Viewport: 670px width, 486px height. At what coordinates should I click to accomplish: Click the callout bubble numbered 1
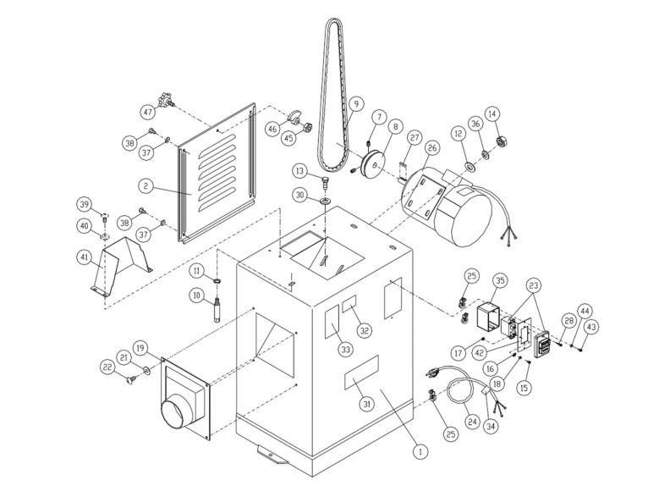(416, 452)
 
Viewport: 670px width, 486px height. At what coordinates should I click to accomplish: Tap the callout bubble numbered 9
(355, 105)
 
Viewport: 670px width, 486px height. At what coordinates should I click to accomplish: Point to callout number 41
(84, 257)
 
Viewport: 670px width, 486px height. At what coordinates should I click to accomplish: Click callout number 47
(148, 112)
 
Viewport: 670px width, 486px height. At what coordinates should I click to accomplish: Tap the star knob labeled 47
(166, 103)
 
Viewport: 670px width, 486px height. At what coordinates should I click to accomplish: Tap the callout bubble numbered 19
(140, 347)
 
